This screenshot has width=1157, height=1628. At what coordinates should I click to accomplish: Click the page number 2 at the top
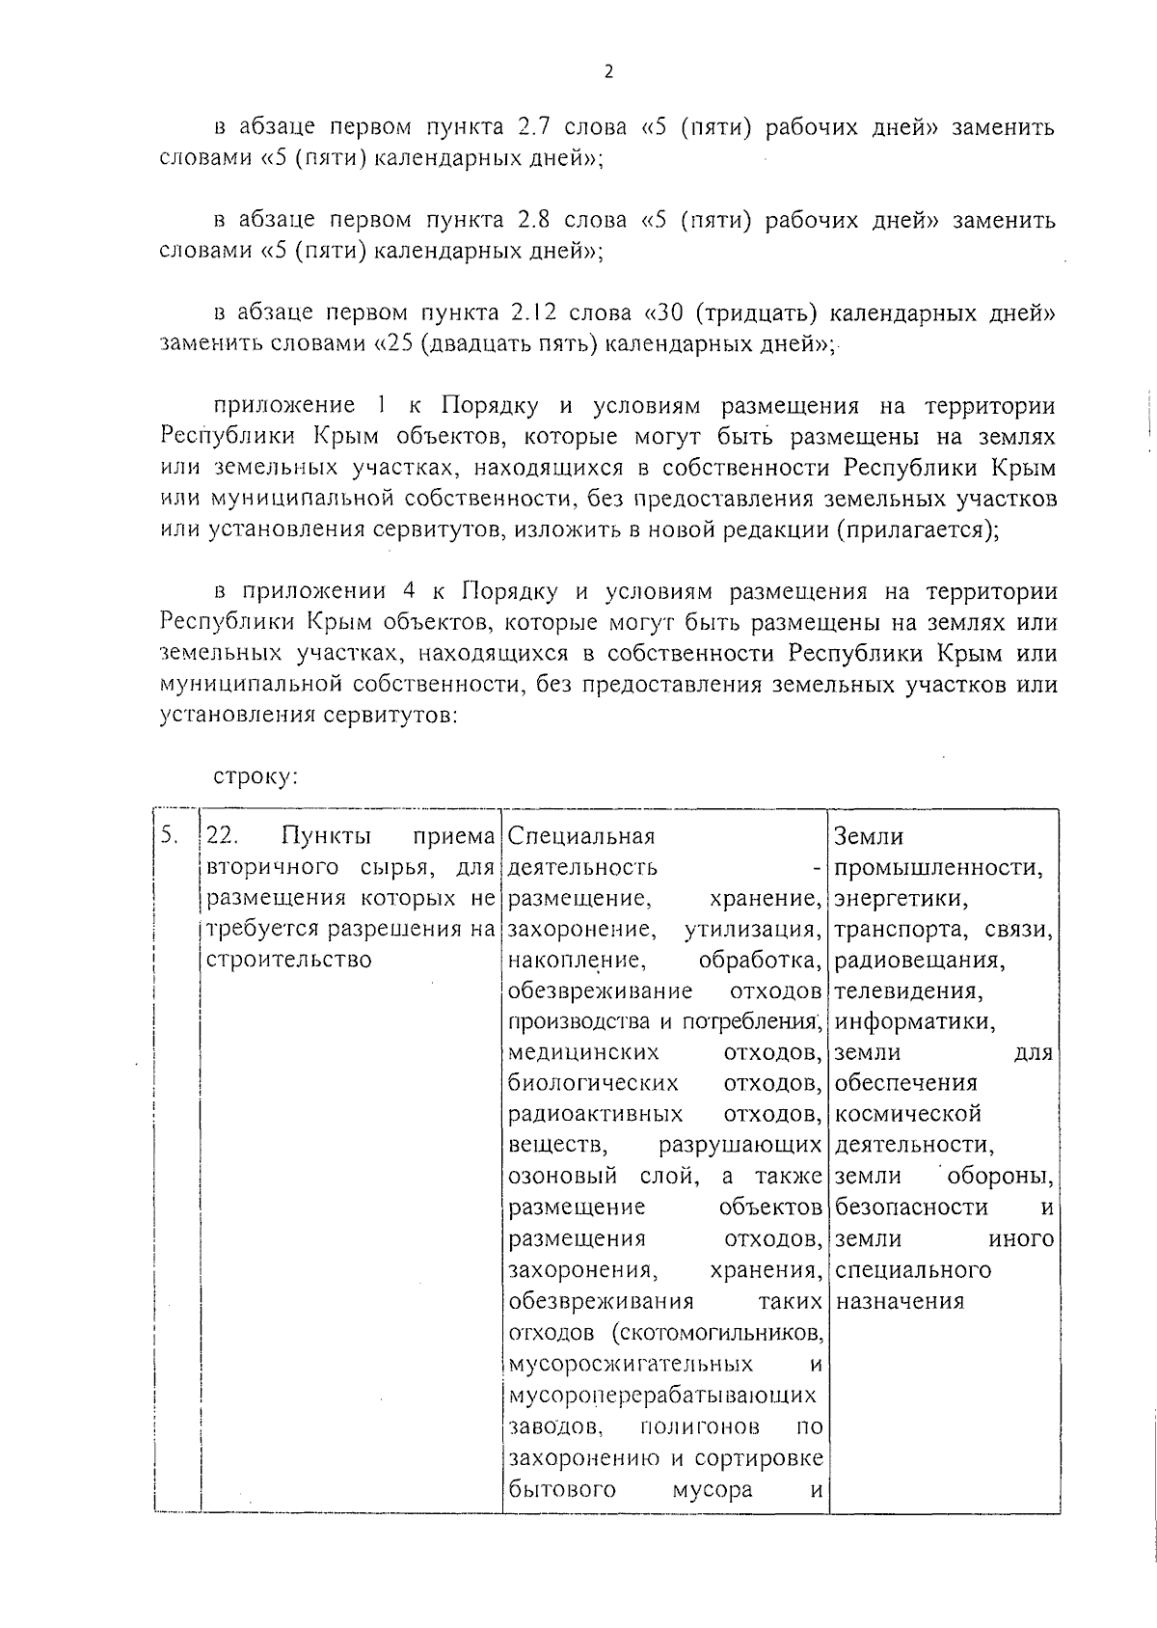[607, 72]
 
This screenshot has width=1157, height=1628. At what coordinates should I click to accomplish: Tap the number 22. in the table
[223, 836]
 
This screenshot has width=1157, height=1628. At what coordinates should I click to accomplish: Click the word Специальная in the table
[581, 836]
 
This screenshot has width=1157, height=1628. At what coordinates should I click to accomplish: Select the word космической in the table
[908, 1114]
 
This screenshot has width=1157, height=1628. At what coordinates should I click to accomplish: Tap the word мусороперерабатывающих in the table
[661, 1396]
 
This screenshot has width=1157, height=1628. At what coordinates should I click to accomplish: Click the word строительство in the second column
[289, 960]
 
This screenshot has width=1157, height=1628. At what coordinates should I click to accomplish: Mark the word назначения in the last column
[900, 1301]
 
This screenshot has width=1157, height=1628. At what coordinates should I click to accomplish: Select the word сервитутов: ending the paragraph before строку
[386, 715]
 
